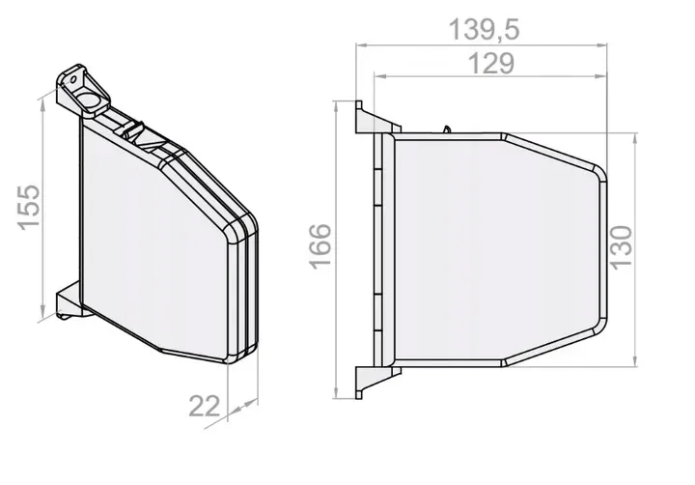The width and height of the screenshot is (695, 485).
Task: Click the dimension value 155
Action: [29, 206]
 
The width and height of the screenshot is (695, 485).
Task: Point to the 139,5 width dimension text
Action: [484, 30]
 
